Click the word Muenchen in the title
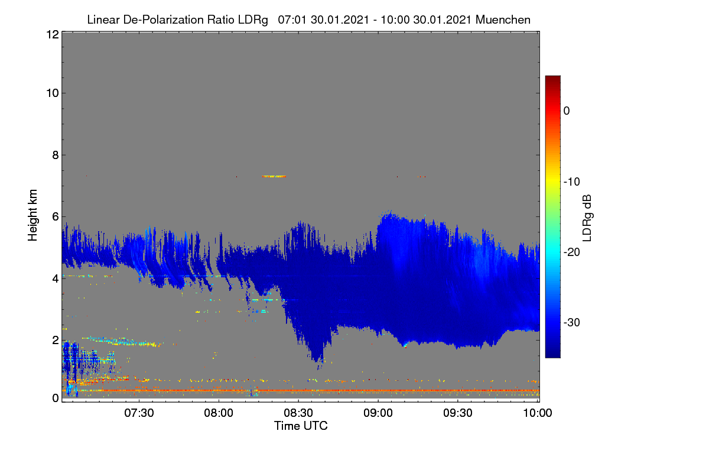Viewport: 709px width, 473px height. tap(503, 20)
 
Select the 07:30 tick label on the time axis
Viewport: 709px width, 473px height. tap(139, 413)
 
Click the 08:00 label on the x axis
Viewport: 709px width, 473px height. tap(219, 413)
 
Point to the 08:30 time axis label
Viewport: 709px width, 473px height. tap(298, 413)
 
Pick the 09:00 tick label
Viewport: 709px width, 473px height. tap(378, 413)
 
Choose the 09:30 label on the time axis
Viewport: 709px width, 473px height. tap(458, 413)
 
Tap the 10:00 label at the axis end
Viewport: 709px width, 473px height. tap(538, 413)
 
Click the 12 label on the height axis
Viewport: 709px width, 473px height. tap(53, 34)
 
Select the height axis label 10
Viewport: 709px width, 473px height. tap(53, 93)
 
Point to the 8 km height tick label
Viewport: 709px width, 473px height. tap(56, 155)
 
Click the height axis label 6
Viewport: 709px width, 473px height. tap(56, 217)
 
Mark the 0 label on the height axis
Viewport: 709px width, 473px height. tap(56, 398)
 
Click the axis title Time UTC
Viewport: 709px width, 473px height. tap(301, 426)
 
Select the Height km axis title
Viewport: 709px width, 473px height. tap(32, 215)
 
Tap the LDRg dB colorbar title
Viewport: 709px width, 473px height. tap(587, 218)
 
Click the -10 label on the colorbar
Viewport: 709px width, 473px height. tap(572, 182)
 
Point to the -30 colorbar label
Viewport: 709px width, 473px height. tap(572, 322)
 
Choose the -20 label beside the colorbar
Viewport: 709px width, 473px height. tap(572, 252)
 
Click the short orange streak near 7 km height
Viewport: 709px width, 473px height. tap(274, 176)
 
